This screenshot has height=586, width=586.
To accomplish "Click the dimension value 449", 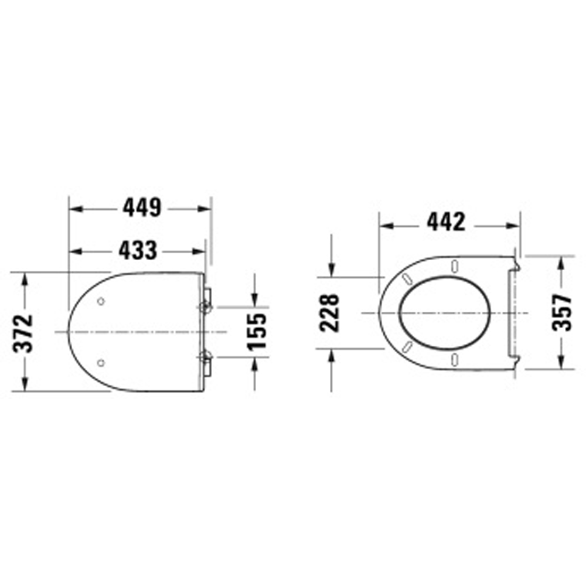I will (141, 208).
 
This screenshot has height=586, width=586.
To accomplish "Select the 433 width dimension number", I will (138, 251).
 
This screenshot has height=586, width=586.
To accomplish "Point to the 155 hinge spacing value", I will (256, 331).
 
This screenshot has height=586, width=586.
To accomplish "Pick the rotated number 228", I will (331, 312).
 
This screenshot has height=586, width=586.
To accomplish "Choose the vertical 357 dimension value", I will (561, 312).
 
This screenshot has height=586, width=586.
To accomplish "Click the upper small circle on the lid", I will (101, 302).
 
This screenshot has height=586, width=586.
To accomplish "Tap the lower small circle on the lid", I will (101, 363).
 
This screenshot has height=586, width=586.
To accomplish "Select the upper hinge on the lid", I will (206, 305).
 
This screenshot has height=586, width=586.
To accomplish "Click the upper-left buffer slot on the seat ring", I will (406, 279).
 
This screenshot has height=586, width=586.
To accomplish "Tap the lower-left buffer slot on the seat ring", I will (406, 346).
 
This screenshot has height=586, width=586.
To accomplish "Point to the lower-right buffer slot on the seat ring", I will (455, 359).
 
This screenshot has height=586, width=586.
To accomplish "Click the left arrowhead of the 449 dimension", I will (74, 208).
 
